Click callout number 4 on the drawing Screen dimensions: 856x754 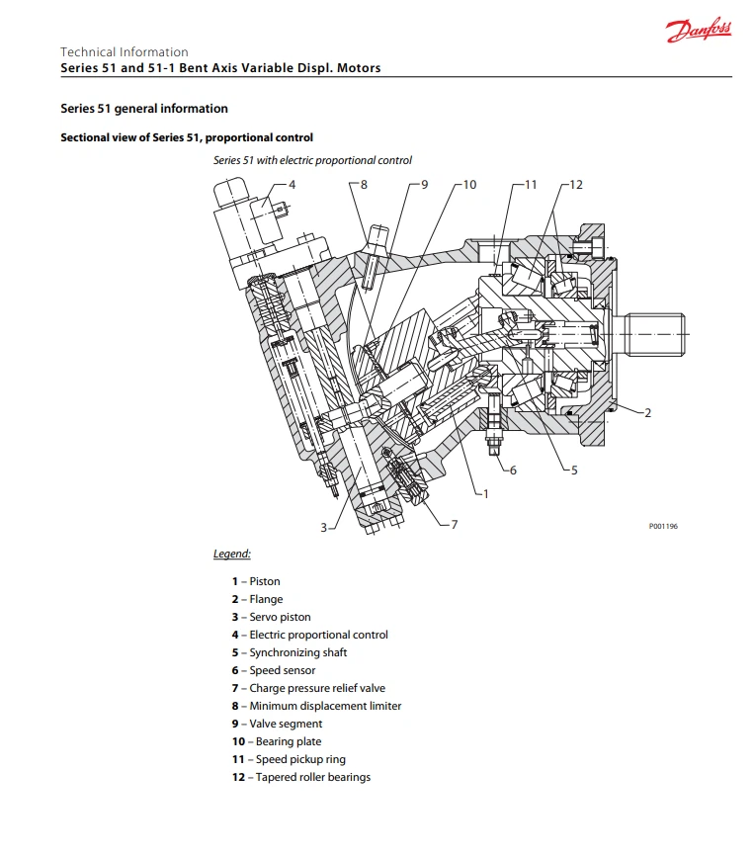(292, 185)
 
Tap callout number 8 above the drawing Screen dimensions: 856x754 (364, 185)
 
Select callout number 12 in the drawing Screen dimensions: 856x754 (576, 185)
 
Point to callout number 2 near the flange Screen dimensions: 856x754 (648, 413)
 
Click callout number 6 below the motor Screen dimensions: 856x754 (513, 471)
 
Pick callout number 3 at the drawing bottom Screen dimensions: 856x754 (323, 528)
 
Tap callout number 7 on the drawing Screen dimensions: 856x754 (455, 524)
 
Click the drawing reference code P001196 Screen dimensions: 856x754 (663, 527)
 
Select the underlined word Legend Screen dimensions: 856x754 (232, 554)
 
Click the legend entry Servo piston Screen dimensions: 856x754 (280, 617)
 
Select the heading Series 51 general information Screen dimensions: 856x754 (144, 109)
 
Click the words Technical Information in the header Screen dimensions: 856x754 (125, 52)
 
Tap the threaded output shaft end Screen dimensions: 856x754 (656, 335)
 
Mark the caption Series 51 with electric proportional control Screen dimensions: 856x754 (312, 160)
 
